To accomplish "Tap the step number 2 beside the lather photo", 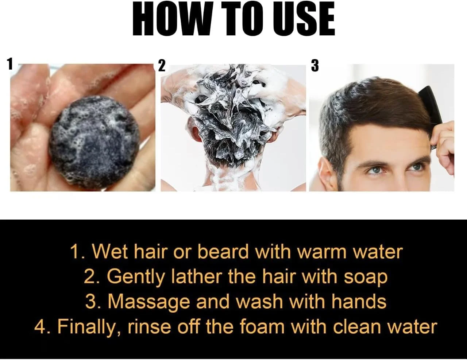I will click(162, 66).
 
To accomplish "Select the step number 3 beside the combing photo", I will click(314, 66).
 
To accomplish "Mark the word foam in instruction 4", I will click(262, 327).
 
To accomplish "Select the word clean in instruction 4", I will click(352, 327).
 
